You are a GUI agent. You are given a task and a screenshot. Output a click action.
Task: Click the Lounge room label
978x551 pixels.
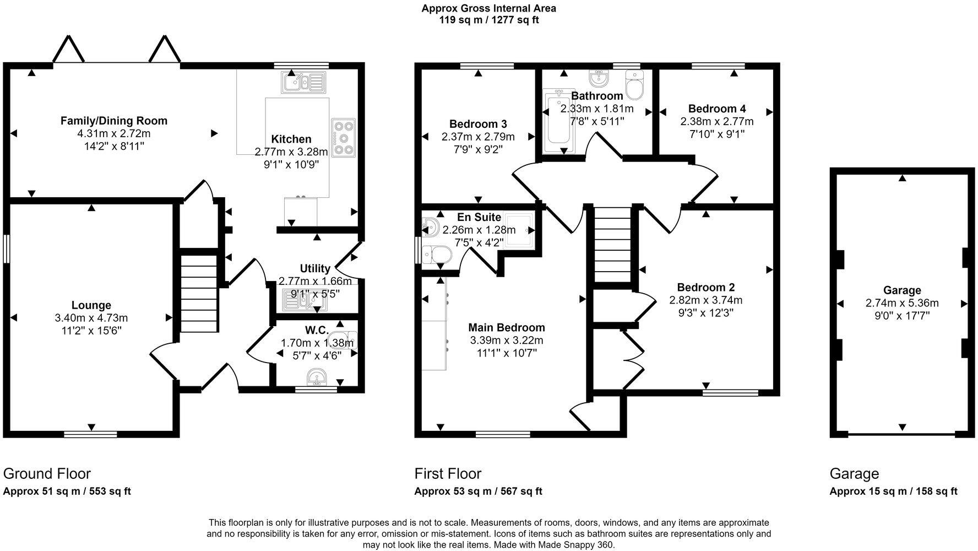pyautogui.click(x=91, y=305)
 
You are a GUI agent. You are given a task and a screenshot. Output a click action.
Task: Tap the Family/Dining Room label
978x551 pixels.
pyautogui.click(x=113, y=121)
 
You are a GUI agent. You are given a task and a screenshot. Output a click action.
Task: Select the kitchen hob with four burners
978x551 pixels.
pyautogui.click(x=344, y=137)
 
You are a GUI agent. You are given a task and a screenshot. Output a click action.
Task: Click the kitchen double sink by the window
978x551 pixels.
pyautogui.click(x=304, y=83)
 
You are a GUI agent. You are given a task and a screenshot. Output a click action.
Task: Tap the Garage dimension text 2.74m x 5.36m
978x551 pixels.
pyautogui.click(x=902, y=303)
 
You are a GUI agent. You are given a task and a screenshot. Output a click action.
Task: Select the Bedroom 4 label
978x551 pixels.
pyautogui.click(x=716, y=109)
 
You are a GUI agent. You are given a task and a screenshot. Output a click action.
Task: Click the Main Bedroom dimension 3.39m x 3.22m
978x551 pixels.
pyautogui.click(x=506, y=341)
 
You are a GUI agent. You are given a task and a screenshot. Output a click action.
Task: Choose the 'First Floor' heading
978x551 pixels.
pyautogui.click(x=448, y=474)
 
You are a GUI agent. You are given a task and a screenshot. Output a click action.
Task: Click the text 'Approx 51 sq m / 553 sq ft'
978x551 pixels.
pyautogui.click(x=67, y=491)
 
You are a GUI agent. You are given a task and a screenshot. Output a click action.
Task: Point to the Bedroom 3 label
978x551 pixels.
pyautogui.click(x=477, y=124)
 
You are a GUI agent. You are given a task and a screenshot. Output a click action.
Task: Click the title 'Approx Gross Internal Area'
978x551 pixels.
pyautogui.click(x=488, y=8)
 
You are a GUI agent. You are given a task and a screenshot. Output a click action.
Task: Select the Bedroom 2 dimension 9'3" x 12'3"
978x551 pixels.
pyautogui.click(x=705, y=313)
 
